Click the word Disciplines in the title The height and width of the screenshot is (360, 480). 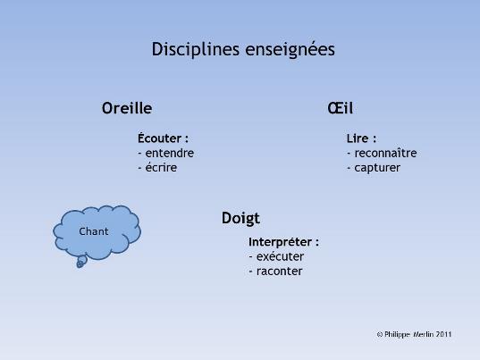pos(195,49)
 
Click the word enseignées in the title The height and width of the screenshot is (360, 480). pos(290,50)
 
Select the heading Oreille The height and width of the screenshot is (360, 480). pos(127,108)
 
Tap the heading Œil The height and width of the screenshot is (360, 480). pos(340,108)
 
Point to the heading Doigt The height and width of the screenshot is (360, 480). pos(240,219)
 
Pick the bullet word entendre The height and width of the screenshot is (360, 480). pos(170,153)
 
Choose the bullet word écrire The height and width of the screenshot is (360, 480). pos(161,168)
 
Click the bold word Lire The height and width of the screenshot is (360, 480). pos(358,138)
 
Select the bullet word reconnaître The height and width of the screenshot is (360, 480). pos(385,153)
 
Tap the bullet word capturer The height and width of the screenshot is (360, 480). pos(377,168)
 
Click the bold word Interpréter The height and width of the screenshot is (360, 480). pos(280,242)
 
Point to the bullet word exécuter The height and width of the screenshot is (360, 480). pos(280,256)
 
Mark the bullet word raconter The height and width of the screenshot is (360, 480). pos(279,272)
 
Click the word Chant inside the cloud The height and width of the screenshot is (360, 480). pos(94,231)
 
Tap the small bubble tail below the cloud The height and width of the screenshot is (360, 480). pos(81,262)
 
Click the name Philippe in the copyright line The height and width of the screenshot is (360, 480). pos(397,334)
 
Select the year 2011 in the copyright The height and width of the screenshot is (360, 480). pos(444,334)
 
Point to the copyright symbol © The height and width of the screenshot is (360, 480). pos(380,335)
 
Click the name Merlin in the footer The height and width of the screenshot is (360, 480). pos(424,334)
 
